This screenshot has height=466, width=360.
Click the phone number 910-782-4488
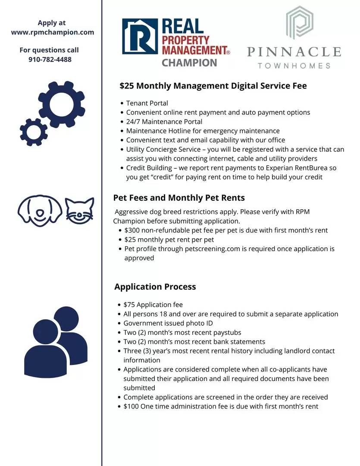(x=50, y=59)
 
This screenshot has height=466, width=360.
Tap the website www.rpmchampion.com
(x=52, y=32)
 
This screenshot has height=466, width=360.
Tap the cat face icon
(x=80, y=210)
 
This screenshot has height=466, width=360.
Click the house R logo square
(x=140, y=36)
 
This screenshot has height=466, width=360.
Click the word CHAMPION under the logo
(x=189, y=63)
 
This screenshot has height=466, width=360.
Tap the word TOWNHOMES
(x=294, y=66)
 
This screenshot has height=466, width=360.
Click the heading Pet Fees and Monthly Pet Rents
(x=179, y=198)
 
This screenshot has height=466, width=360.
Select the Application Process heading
(x=155, y=287)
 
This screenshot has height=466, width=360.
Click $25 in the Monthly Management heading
(x=127, y=86)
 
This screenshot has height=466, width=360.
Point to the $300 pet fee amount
(x=132, y=230)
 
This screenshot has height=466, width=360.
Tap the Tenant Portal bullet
(x=147, y=103)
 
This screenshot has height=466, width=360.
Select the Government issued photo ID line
(x=168, y=323)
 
